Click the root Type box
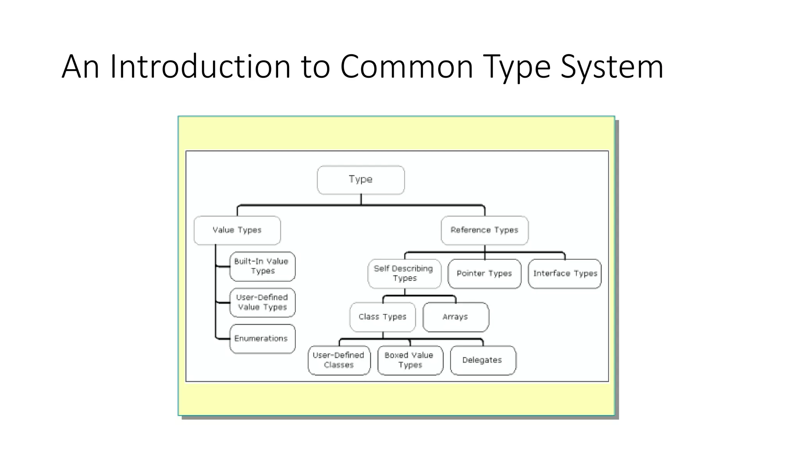pos(361,180)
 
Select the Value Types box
pos(237,230)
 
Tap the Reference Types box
pos(484,230)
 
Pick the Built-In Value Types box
pos(262,266)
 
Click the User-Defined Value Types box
pos(262,302)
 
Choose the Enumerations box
pos(262,339)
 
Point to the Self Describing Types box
pos(404,273)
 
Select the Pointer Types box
pos(484,273)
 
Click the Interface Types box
pos(565,273)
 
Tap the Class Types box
pos(382,317)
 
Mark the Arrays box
pos(455,317)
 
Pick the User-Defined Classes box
pos(339,360)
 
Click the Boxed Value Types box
pos(410,360)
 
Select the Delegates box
pos(483,360)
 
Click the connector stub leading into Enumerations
pos(223,339)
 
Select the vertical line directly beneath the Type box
pos(361,199)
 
